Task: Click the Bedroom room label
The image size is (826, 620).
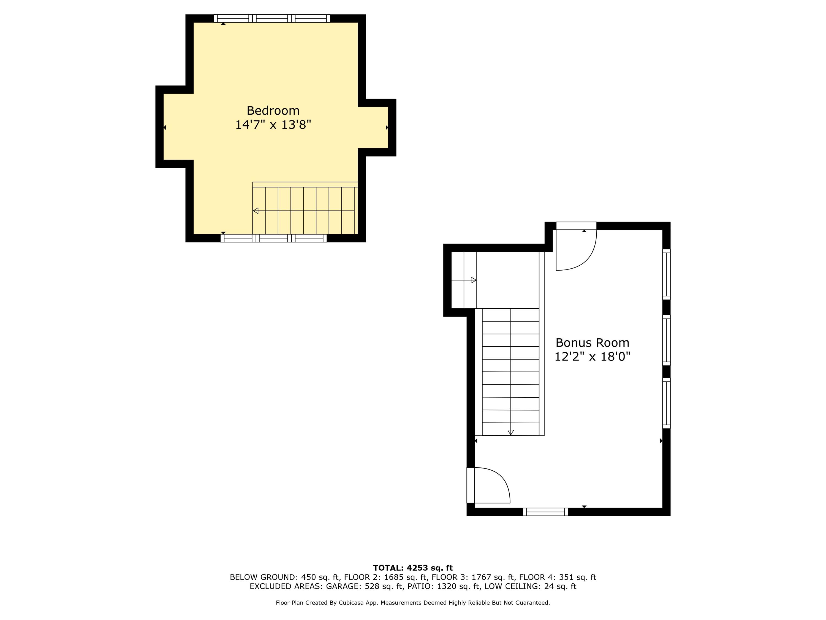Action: tap(273, 110)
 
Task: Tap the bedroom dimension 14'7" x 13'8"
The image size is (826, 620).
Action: tap(273, 125)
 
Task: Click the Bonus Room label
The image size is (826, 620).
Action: tap(592, 343)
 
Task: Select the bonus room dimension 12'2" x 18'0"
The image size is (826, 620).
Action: tap(592, 357)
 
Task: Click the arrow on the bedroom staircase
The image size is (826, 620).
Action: tap(256, 211)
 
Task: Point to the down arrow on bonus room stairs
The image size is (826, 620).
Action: tap(511, 432)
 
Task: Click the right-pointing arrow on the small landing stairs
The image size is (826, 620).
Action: tap(474, 280)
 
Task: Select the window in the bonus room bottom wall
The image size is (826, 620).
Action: tap(545, 512)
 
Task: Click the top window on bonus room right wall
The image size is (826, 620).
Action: tap(667, 274)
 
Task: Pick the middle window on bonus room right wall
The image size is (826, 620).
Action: tap(667, 340)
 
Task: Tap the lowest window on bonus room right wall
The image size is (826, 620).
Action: tap(667, 403)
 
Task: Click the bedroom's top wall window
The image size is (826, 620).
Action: tap(272, 18)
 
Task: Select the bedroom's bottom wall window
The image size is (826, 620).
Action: tap(274, 238)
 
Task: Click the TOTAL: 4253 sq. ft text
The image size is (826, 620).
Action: tap(413, 568)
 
